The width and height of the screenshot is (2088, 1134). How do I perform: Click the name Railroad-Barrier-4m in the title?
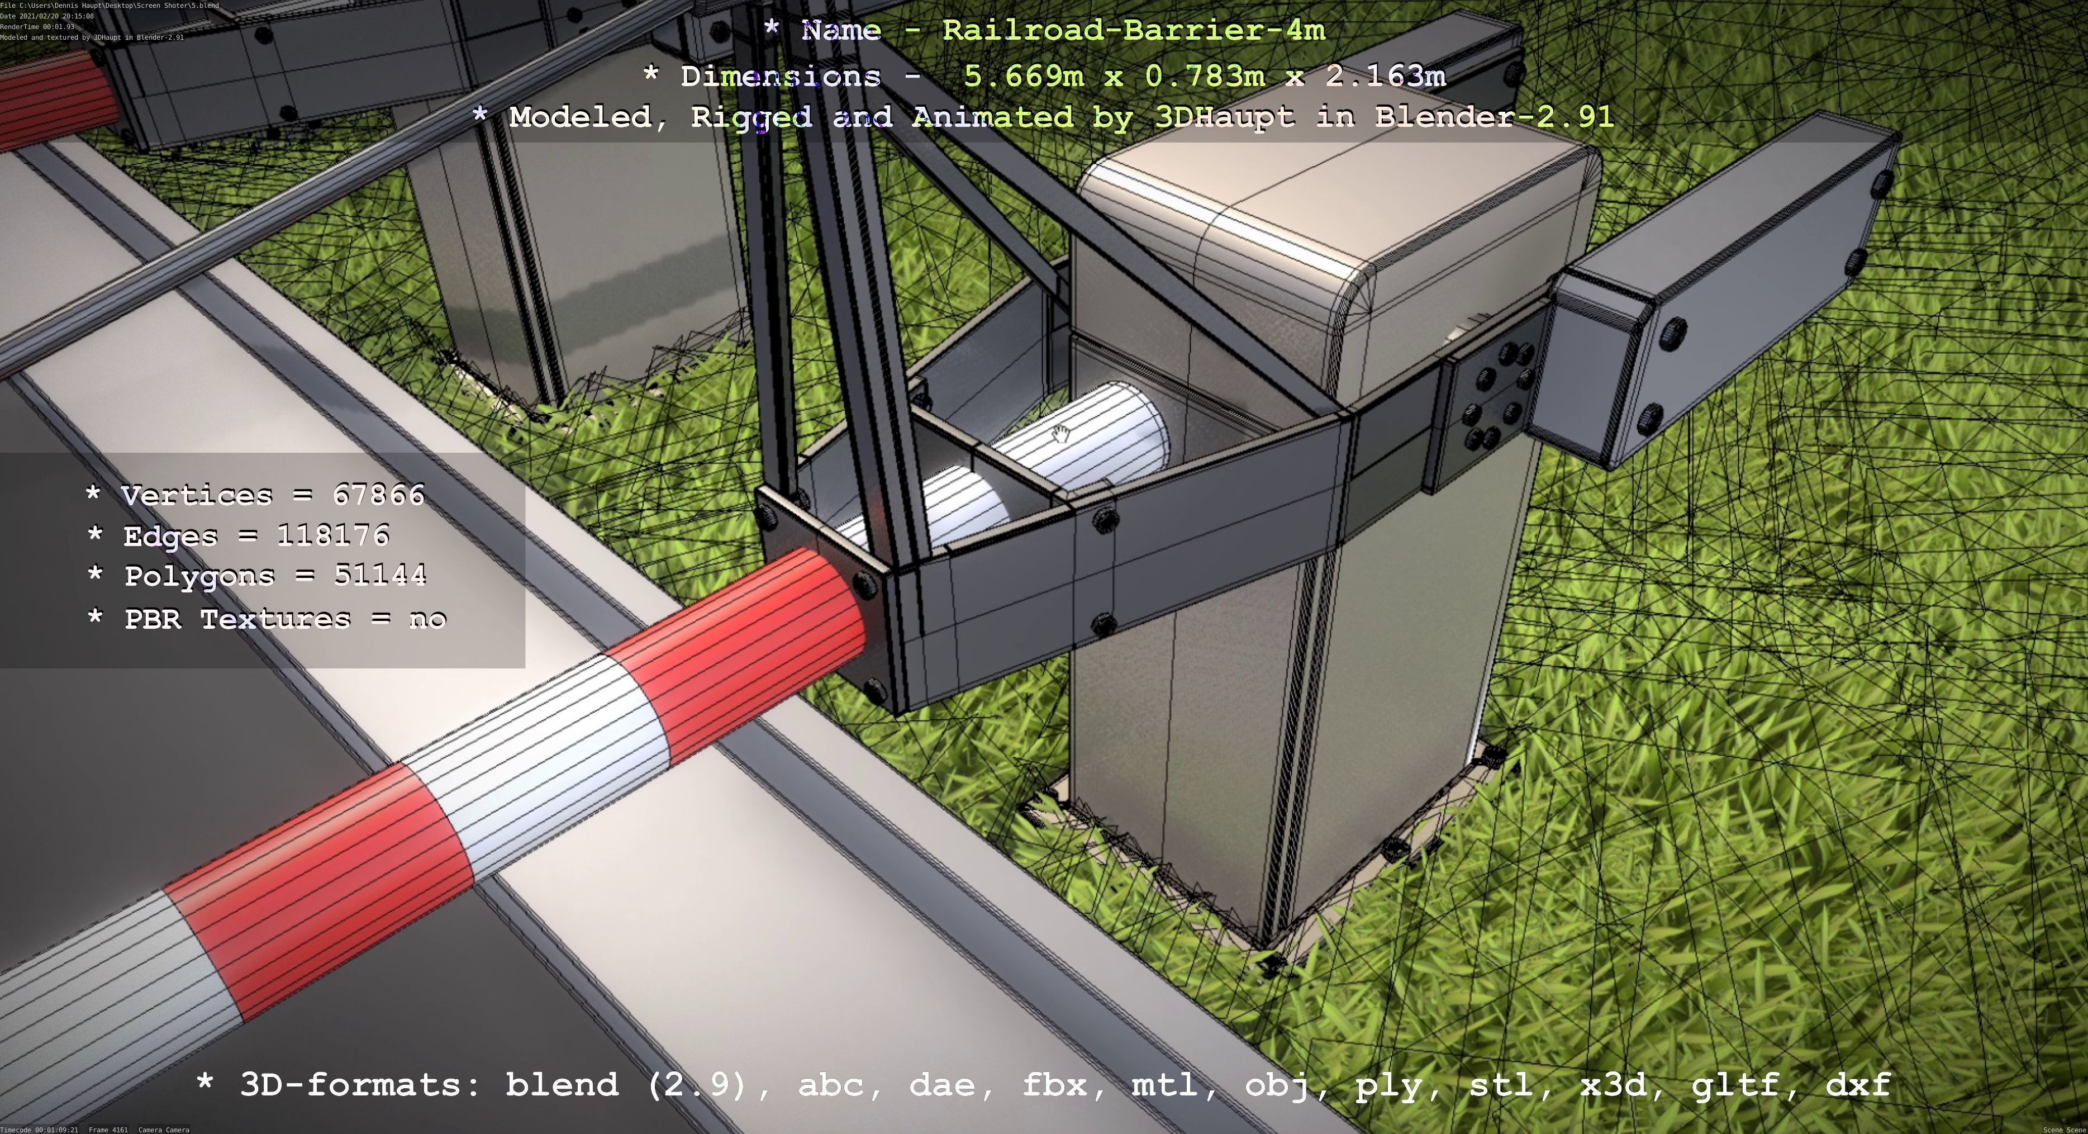[1133, 31]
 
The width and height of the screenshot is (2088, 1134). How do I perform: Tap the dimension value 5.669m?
[1023, 76]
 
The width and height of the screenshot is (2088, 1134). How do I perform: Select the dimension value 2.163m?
[1385, 76]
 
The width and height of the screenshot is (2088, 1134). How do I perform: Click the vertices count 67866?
[378, 495]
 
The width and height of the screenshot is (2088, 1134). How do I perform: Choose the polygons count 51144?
[380, 576]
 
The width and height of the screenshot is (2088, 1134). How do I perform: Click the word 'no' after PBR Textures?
[427, 619]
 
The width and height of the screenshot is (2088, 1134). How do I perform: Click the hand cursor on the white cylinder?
[1060, 434]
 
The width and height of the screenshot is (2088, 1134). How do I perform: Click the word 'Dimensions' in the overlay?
[780, 76]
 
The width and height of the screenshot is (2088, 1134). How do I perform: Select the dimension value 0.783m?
[1205, 76]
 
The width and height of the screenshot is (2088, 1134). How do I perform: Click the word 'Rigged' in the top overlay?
[750, 117]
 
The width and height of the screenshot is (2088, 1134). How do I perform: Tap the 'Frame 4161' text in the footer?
[108, 1129]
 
